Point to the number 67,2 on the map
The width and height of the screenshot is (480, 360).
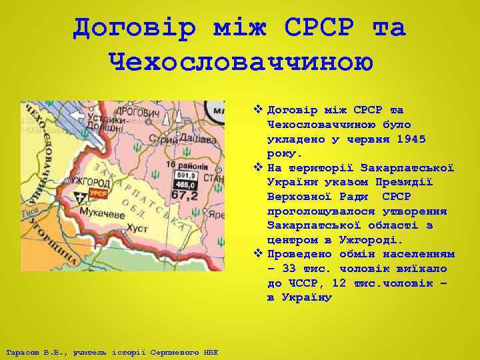point(184,196)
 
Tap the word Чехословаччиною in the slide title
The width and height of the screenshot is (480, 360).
point(239,62)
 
